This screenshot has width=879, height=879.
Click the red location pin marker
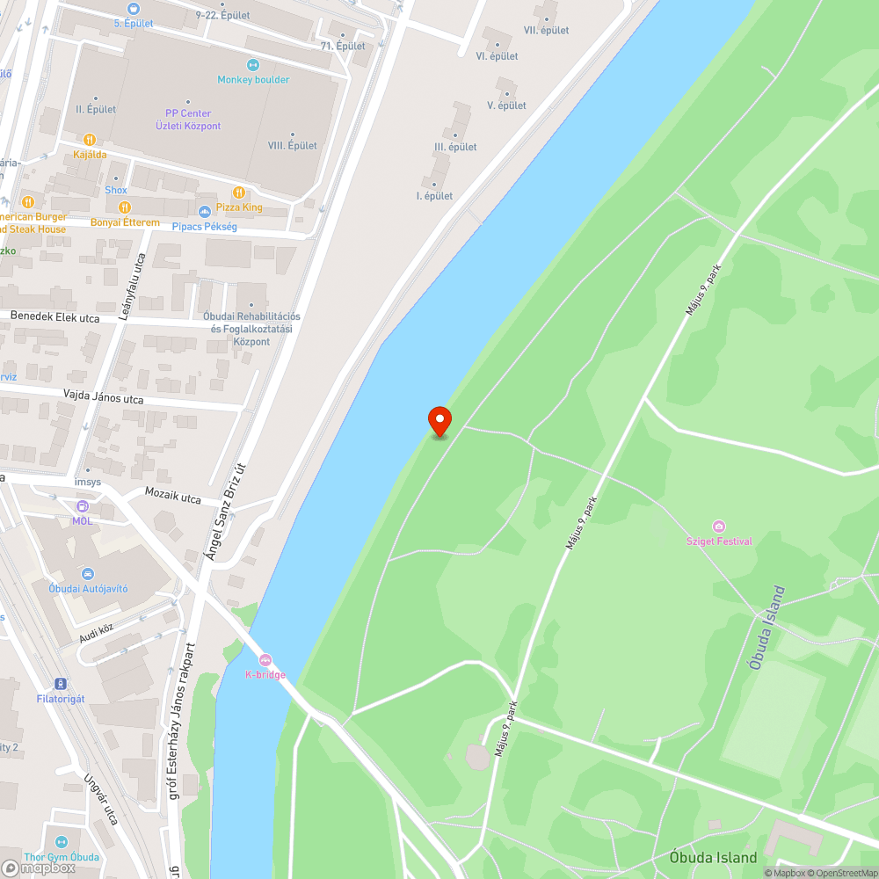pyautogui.click(x=439, y=420)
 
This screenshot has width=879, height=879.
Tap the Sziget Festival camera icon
pyautogui.click(x=719, y=527)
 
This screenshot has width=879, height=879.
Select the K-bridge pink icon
pyautogui.click(x=265, y=660)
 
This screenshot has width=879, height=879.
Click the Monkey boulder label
pyautogui.click(x=253, y=79)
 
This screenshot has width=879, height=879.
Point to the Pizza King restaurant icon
pyautogui.click(x=238, y=193)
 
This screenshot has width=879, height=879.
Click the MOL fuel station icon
pyautogui.click(x=82, y=506)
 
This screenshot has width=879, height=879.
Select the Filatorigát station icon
pyautogui.click(x=60, y=684)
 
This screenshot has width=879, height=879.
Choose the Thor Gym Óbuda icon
pyautogui.click(x=61, y=842)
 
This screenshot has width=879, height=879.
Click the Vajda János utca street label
pyautogui.click(x=103, y=399)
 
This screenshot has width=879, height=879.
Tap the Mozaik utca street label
pyautogui.click(x=172, y=498)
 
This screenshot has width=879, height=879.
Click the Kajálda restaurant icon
pyautogui.click(x=89, y=140)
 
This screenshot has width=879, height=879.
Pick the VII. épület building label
pyautogui.click(x=546, y=30)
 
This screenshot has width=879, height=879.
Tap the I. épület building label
pyautogui.click(x=434, y=195)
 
